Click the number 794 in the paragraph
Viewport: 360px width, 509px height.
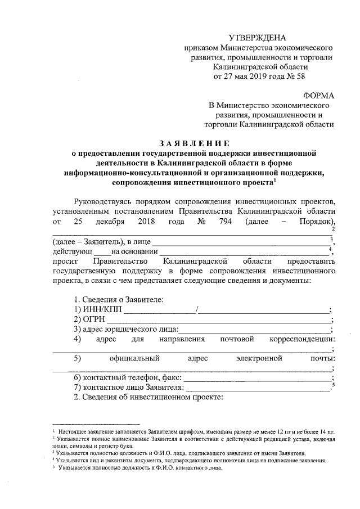[x=222, y=221]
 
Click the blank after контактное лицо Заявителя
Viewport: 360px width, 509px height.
[x=258, y=388]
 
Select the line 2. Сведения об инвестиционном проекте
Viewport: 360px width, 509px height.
[x=149, y=398]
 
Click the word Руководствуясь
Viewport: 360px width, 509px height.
[x=107, y=201]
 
